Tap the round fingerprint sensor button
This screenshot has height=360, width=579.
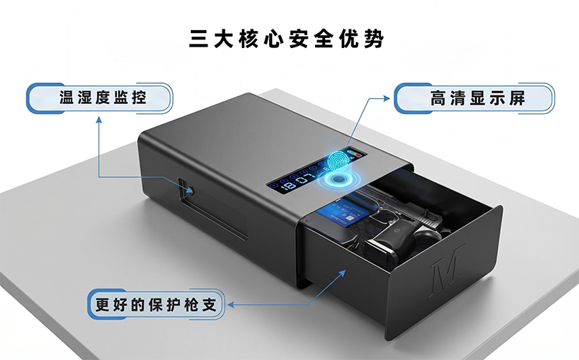337,180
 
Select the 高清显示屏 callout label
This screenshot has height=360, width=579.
474,98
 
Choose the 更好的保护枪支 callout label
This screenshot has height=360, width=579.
156,305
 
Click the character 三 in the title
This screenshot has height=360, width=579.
199,39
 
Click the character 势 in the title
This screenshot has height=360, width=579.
374,39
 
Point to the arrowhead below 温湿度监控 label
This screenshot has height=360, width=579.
99,120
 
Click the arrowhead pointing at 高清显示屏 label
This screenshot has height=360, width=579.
386,98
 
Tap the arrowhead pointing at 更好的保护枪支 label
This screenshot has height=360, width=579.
231,305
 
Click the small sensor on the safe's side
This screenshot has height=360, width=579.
191,191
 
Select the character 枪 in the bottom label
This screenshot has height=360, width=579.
191,305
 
